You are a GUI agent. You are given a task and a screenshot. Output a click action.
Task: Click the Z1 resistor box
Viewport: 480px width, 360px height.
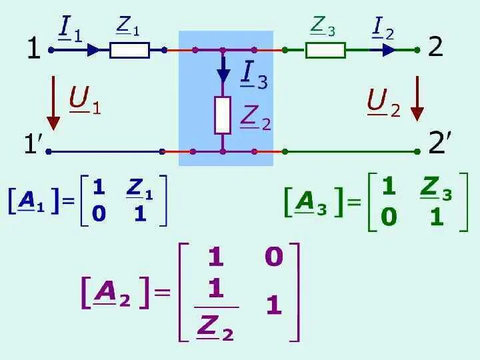coord(129,49)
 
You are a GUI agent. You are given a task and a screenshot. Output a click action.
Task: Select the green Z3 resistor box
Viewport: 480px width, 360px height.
coord(325,50)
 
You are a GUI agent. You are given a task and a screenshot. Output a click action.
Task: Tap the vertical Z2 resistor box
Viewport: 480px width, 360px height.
coord(223,115)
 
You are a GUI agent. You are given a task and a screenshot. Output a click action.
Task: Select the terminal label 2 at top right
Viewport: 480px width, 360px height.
coord(435,47)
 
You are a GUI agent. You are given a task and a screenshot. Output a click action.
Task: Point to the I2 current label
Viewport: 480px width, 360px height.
coord(383,29)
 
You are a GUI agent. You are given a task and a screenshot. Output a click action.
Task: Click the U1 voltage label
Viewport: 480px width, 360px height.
coord(84,101)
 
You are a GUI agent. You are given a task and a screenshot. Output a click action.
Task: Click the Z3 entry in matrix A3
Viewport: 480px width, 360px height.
coord(436,191)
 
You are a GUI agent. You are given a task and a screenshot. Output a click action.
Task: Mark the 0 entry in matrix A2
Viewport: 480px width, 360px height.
coord(273,257)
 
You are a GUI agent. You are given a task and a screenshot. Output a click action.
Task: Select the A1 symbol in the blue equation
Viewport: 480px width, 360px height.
coord(31,201)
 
